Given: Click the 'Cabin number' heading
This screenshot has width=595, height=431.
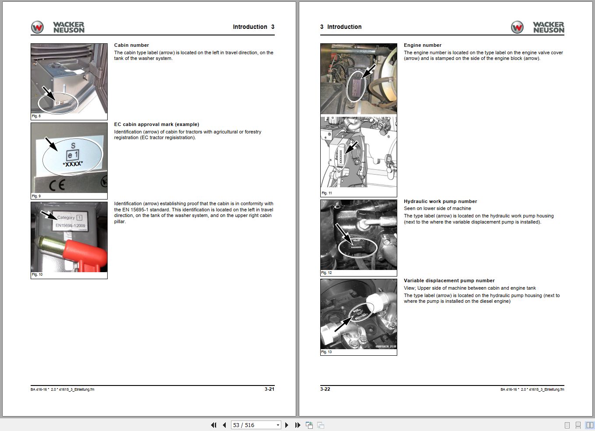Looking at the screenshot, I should click(x=131, y=45).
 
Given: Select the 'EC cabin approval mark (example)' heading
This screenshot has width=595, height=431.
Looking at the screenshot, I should click(x=156, y=124).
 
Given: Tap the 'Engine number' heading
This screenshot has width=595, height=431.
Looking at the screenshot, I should click(x=422, y=45).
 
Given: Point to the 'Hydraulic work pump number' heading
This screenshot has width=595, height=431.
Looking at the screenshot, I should click(x=440, y=201).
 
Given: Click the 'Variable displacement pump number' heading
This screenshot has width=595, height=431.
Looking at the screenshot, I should click(x=449, y=280).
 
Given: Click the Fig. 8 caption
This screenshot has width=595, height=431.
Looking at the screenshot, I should click(x=36, y=116).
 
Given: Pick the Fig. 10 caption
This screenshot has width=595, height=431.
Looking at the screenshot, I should click(x=37, y=274).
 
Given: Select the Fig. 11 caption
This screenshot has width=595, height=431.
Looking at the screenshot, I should click(x=327, y=193).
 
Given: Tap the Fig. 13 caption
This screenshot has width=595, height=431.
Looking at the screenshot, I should click(x=327, y=352).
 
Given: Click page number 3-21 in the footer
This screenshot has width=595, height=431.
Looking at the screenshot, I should click(x=269, y=389).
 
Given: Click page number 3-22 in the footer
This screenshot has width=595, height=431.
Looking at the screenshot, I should click(x=325, y=389).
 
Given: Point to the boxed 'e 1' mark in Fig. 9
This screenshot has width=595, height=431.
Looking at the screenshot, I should click(x=73, y=155).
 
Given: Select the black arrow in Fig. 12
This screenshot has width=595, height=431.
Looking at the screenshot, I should click(x=343, y=232).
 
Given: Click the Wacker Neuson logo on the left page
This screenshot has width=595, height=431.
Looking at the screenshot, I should click(x=58, y=27).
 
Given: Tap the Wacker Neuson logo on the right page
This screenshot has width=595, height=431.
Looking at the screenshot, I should click(x=538, y=27).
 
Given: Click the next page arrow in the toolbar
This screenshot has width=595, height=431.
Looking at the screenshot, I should click(x=287, y=425).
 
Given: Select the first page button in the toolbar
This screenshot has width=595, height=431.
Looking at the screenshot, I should click(x=213, y=425).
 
